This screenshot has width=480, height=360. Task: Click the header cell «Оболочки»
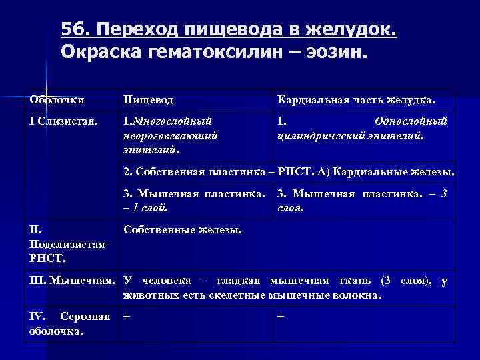(x=57, y=100)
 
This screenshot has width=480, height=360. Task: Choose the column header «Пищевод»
(x=149, y=100)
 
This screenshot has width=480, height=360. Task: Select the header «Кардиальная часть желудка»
(x=356, y=100)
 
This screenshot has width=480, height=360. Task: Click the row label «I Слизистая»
(x=64, y=122)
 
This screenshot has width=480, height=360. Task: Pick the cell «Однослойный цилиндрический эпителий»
(x=362, y=129)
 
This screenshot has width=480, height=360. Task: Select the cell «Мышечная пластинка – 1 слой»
(x=193, y=201)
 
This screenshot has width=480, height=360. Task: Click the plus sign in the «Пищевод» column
(x=127, y=317)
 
